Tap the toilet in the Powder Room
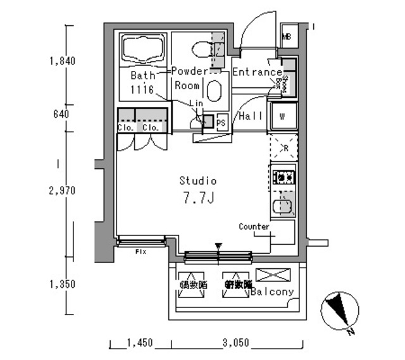click(x=201, y=48)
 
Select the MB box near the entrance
click(x=286, y=36)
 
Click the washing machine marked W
click(x=282, y=116)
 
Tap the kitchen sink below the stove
click(x=282, y=205)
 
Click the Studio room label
click(x=197, y=180)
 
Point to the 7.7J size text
click(x=197, y=199)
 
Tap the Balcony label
click(x=272, y=292)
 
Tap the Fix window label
click(x=140, y=252)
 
